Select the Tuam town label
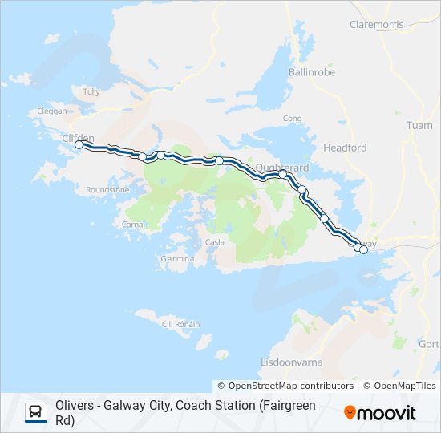click(419, 126)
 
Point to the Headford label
click(345, 148)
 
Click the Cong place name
click(292, 118)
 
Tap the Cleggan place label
click(51, 111)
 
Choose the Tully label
click(91, 91)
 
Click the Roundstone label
click(107, 190)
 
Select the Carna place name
click(132, 225)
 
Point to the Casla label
click(215, 242)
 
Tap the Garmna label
click(178, 259)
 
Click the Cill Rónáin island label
click(181, 324)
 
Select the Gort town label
click(429, 344)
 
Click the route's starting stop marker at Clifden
click(79, 145)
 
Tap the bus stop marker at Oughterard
click(282, 174)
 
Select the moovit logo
click(380, 412)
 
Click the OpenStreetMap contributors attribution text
click(285, 386)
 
